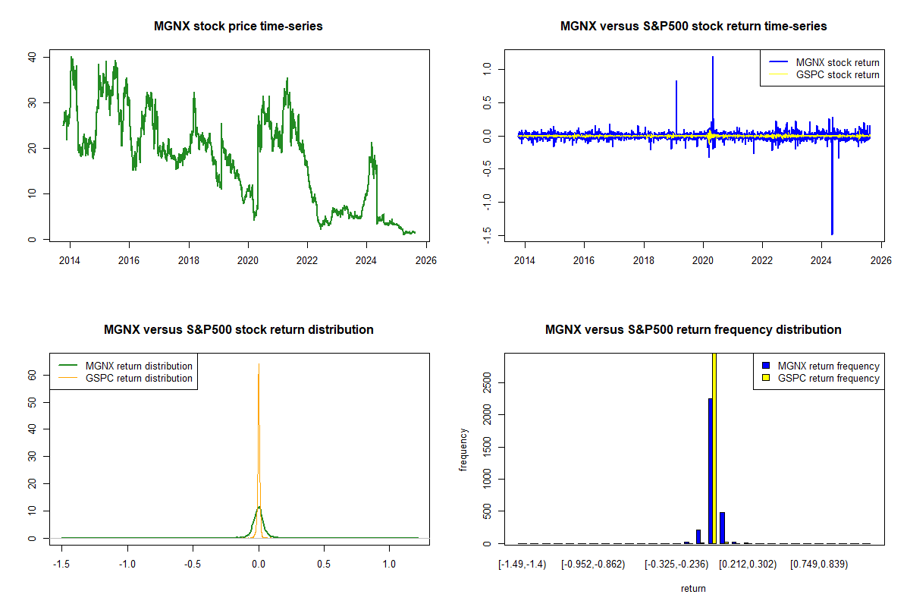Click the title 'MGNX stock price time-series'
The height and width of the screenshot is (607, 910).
coord(238,27)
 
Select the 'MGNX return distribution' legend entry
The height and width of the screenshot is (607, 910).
coord(139,366)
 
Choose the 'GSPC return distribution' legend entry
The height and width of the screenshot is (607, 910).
coord(139,379)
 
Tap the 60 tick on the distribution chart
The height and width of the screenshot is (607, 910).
coord(33,374)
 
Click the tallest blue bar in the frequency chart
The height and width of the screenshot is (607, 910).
coord(711,470)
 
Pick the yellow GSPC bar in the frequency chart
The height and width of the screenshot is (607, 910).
coord(714,448)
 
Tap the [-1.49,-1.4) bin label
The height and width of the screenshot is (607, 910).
coord(522,565)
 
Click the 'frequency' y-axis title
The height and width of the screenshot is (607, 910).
coord(463,450)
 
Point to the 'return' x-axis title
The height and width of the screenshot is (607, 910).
coord(693,588)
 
